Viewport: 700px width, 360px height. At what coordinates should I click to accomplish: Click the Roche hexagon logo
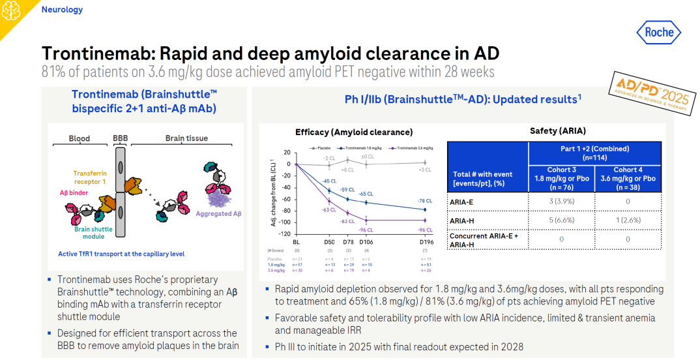point(658,32)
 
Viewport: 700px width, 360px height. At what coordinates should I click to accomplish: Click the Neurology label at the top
point(62,10)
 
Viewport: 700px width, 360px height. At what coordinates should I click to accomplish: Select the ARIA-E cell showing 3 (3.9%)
point(561,202)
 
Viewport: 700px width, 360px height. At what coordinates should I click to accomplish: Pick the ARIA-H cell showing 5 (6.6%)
point(561,220)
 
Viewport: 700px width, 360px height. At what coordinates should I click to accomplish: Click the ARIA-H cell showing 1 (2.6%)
point(628,220)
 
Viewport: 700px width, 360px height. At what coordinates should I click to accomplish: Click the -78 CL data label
point(424,201)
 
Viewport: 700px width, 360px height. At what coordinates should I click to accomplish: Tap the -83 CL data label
point(347,222)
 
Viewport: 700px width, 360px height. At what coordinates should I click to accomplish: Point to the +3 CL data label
point(424,170)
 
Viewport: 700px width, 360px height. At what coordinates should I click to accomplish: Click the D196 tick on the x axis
point(425,241)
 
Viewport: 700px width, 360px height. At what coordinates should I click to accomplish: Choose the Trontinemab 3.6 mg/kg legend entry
point(416,149)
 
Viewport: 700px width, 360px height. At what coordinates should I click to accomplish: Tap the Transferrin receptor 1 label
point(89,177)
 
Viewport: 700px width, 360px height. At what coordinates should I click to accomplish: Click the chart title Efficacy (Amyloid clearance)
point(353,132)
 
